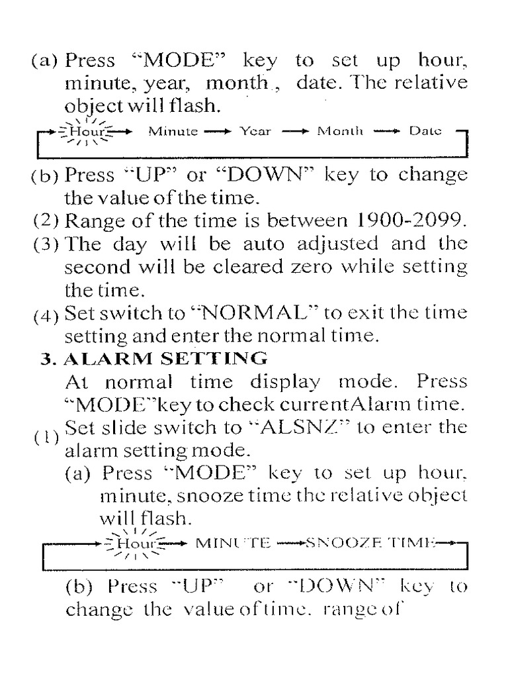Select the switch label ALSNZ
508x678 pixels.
coord(310,426)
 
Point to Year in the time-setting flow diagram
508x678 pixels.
coord(255,131)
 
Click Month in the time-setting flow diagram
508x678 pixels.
coord(340,131)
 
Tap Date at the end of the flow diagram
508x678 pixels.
coord(425,131)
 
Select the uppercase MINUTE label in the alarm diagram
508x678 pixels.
coord(234,543)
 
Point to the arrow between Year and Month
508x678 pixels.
coord(296,131)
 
